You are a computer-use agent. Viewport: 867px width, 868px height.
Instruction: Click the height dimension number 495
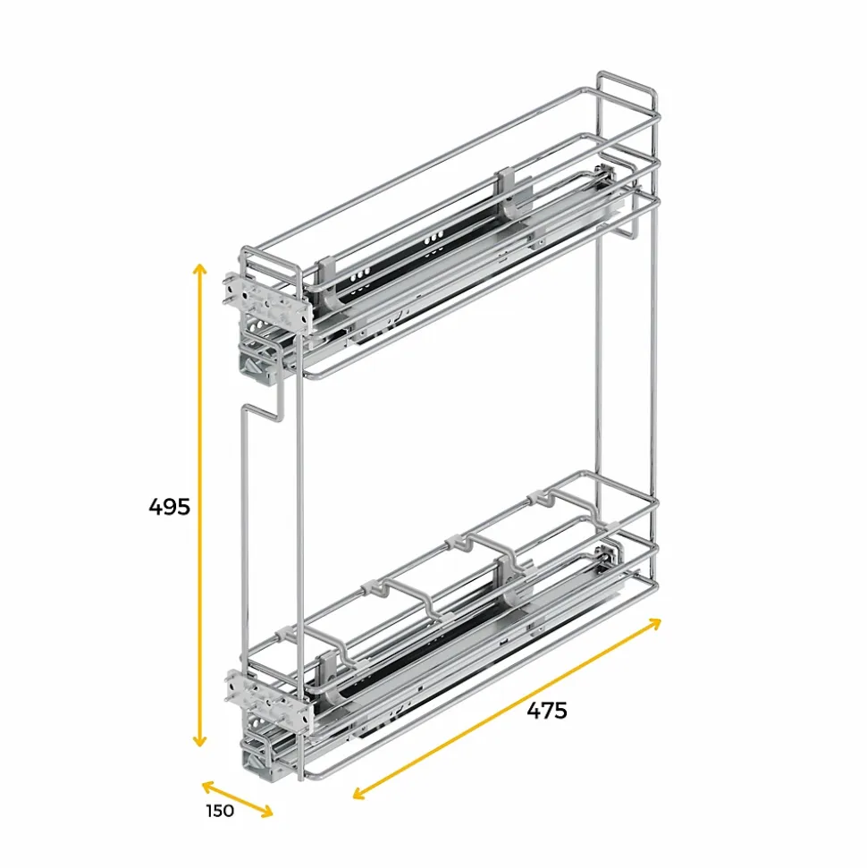coord(170,507)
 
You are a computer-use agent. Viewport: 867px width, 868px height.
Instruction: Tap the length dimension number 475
coord(546,711)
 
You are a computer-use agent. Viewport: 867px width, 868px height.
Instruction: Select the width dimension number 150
coord(219,811)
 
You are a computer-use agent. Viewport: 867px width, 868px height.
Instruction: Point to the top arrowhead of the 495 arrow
coord(200,268)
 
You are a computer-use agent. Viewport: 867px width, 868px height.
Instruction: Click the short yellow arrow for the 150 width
coord(237,798)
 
